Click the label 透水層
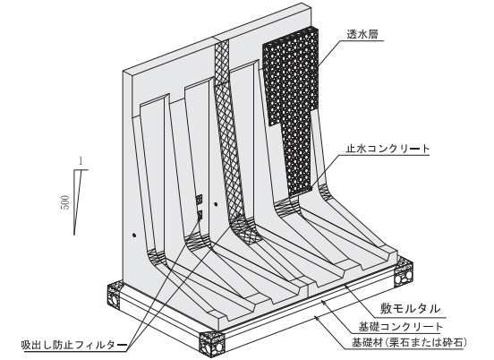tap(362, 34)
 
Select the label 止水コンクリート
tap(388, 148)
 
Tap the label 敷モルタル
tap(410, 308)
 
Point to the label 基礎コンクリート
tap(401, 327)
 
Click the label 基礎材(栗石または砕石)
tap(409, 342)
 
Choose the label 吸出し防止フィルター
tap(73, 345)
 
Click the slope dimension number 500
tap(64, 202)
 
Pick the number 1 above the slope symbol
tap(81, 162)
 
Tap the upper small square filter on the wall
tap(199, 199)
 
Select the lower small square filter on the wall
tap(200, 215)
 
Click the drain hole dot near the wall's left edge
tap(134, 236)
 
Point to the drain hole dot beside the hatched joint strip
tap(216, 204)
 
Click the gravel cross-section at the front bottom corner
tap(212, 344)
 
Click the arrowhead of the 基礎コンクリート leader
tap(322, 302)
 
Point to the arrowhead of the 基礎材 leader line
tap(317, 317)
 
